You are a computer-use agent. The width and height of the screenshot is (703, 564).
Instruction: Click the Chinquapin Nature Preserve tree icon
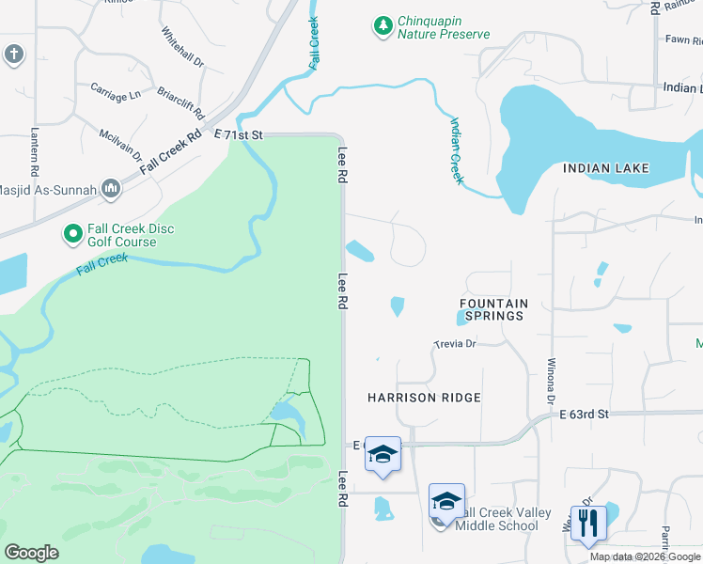tap(383, 27)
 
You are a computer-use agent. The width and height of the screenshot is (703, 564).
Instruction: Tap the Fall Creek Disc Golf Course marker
tap(72, 232)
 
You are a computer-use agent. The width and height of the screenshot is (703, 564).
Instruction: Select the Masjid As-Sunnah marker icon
tap(111, 189)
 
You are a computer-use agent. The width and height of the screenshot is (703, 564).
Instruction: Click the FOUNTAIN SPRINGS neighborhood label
tap(493, 310)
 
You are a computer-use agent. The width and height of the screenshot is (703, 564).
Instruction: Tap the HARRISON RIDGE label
tap(424, 398)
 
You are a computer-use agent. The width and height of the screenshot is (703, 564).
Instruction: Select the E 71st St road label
tap(239, 135)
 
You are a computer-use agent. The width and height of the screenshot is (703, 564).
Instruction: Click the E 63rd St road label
tap(584, 414)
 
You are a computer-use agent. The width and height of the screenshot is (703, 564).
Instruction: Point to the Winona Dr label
tap(552, 382)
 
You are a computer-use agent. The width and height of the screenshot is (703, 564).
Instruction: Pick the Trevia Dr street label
tap(456, 344)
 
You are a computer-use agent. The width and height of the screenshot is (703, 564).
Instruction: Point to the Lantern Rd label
tap(34, 152)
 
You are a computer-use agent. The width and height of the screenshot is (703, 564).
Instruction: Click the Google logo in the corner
tap(31, 553)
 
